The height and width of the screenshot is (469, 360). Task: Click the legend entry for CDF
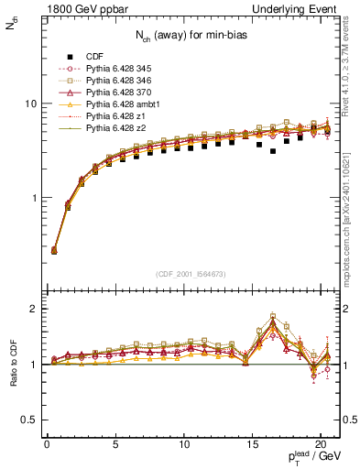(x=94, y=55)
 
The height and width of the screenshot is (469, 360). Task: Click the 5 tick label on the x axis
(x=115, y=447)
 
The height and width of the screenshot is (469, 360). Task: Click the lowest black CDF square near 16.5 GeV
(x=273, y=151)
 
